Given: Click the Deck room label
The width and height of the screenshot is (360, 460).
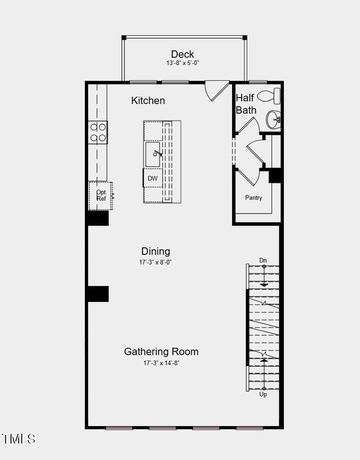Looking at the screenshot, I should coord(183,54).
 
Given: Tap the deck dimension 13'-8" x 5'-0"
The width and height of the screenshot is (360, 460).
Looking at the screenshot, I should coord(183,63).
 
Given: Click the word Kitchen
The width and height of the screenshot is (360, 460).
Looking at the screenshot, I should coord(148,100).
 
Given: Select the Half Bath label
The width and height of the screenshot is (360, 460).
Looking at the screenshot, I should coord(246,104).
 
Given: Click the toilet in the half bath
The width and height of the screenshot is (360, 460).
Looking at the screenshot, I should coord(269,96).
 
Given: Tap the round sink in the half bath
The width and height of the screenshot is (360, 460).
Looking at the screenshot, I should coord(274,120).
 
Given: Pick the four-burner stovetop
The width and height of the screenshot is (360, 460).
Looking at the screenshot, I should coord(98,132).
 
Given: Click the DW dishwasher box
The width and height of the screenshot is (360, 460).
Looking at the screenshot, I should coord(153,178).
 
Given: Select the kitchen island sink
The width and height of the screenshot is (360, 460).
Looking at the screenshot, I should coord(153,155).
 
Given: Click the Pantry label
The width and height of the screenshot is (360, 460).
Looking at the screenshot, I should coord(254,198).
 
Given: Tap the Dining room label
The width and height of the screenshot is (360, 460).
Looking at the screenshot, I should coord(155,251).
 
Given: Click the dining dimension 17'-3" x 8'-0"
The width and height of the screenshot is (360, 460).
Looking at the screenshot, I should coord(155,263).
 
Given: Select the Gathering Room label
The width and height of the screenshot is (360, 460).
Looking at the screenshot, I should coord(161,351).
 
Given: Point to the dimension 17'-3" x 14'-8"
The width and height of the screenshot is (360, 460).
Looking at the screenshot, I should coord(161,363).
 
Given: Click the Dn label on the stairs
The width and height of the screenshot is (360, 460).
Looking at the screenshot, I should coord(263,261).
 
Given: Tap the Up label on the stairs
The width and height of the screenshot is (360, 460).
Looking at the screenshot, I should coord(263,394).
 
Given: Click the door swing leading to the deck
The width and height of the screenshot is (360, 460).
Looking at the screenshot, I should coord(216,90).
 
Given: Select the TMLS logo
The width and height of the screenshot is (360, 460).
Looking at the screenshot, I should coord(18,438).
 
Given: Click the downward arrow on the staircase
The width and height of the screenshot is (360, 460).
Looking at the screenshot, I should coord(264,285).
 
